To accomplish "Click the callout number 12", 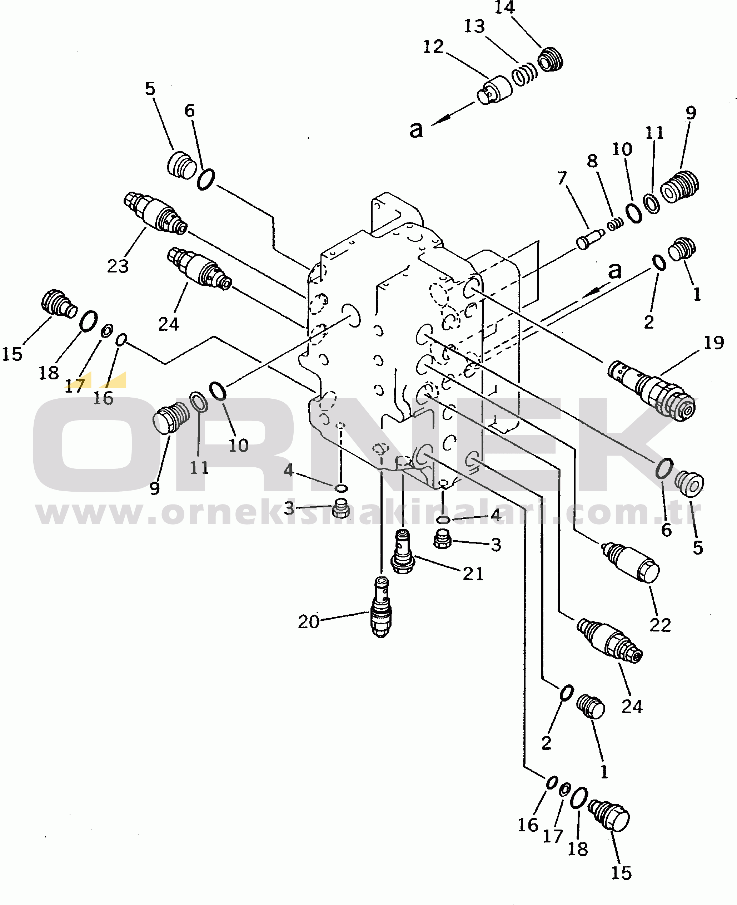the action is click(433, 47).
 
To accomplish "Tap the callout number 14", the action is click(504, 8).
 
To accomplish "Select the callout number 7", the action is click(562, 178).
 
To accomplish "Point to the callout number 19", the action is click(714, 343).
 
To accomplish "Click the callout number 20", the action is click(309, 621).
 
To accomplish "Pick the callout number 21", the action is click(473, 574).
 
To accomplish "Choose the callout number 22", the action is click(660, 625).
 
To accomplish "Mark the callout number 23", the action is click(118, 266).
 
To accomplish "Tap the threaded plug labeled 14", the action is click(551, 59).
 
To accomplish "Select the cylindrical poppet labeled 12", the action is click(494, 90).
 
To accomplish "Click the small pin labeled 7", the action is click(590, 239).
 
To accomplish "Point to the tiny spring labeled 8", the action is click(615, 224).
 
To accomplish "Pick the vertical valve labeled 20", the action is click(381, 606).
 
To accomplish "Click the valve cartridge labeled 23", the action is click(155, 213).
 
